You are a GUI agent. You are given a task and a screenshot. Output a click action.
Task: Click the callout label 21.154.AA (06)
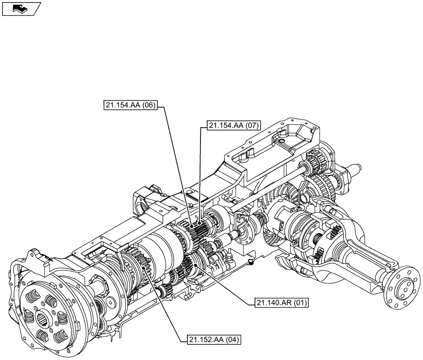click(130, 106)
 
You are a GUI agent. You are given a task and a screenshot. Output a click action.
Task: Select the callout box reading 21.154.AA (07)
click(233, 125)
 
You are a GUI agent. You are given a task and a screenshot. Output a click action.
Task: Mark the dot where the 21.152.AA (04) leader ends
click(145, 269)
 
